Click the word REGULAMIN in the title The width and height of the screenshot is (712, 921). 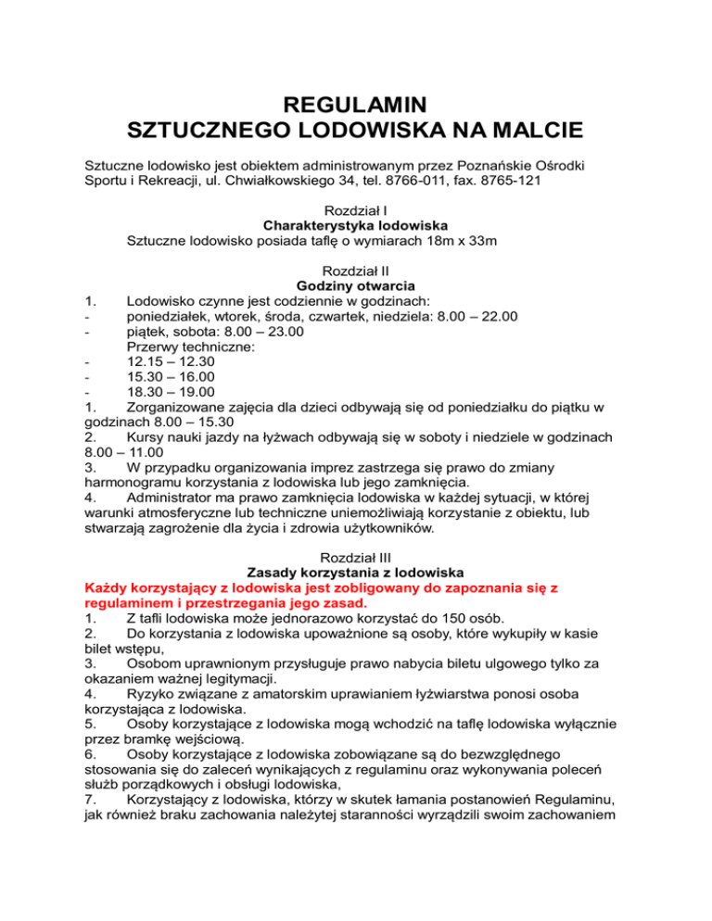[355, 98]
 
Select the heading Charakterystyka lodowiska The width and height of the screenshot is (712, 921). [356, 226]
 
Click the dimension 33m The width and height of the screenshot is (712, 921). [481, 242]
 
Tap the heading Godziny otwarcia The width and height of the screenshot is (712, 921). [356, 285]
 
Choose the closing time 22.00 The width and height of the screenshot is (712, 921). [497, 317]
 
